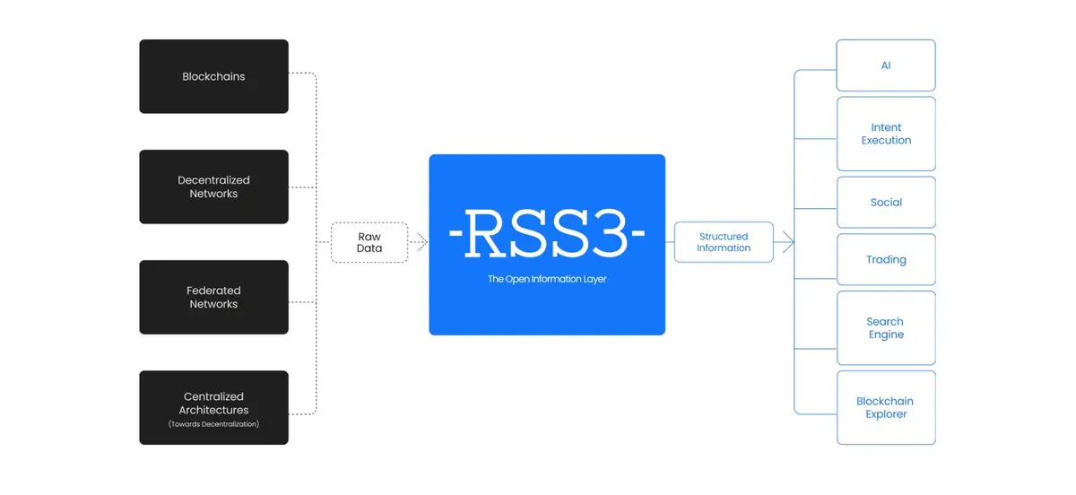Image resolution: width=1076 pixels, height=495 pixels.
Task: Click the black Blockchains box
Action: coord(213,76)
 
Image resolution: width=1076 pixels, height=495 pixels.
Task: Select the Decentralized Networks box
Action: coord(213,187)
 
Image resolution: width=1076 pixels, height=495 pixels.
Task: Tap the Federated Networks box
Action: coord(213,297)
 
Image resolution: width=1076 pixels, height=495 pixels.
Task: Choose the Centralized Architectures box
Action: coord(213,407)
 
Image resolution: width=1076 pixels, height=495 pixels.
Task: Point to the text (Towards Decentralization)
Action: coord(213,424)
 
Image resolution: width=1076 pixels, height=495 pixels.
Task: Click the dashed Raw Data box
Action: coord(369,242)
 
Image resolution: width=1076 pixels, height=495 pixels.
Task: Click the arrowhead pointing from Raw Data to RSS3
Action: coord(420,242)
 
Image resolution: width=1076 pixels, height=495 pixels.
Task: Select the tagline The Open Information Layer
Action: coord(547,279)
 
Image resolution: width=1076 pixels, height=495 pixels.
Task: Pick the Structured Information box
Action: coord(724,242)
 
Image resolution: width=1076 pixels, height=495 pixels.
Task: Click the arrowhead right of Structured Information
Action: coord(788,242)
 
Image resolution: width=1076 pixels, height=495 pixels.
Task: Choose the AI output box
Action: coord(886,65)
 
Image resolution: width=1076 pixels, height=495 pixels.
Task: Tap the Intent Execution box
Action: coord(886,134)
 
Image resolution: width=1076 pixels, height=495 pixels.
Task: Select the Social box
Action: coord(886,202)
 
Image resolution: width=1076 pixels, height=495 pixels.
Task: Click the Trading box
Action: coord(886,259)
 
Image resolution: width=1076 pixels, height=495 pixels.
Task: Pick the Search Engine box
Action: coord(886,327)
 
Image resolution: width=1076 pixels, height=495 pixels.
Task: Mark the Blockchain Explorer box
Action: coord(886,407)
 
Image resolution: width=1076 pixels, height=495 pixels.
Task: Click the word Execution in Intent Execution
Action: coord(886,141)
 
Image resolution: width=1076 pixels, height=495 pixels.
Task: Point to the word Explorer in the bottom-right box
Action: coord(886,414)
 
